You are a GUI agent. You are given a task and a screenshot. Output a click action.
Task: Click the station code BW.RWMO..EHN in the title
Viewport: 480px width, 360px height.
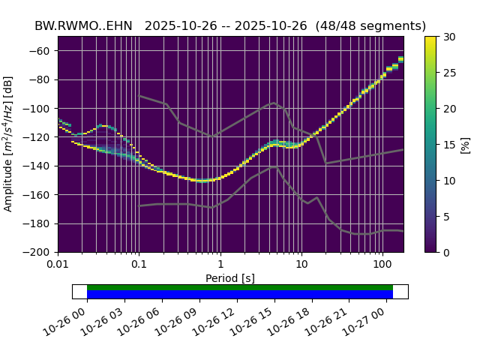[83, 26]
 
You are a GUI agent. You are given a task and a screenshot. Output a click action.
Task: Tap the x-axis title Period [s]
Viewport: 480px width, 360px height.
[230, 278]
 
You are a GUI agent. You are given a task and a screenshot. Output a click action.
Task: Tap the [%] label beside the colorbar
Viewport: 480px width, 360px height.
[465, 144]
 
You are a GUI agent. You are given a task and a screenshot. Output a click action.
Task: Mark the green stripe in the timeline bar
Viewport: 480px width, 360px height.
[240, 287]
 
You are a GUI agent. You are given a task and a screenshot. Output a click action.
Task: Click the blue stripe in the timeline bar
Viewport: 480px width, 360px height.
[240, 294]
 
